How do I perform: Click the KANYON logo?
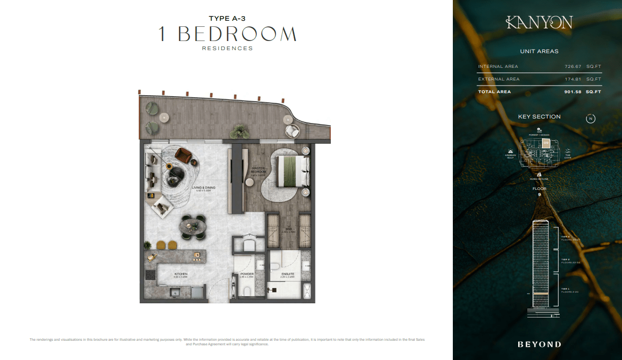click(539, 22)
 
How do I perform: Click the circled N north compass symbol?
click(591, 118)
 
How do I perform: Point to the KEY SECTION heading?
click(539, 116)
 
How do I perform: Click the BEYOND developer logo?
click(539, 344)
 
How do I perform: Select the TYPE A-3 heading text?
click(227, 19)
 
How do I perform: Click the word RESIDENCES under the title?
click(227, 49)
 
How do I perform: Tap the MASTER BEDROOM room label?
click(258, 170)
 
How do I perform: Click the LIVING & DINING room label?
click(204, 188)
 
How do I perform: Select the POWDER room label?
click(247, 274)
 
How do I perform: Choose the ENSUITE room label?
click(288, 274)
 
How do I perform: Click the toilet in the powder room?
click(247, 291)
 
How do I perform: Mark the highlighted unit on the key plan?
click(546, 143)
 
